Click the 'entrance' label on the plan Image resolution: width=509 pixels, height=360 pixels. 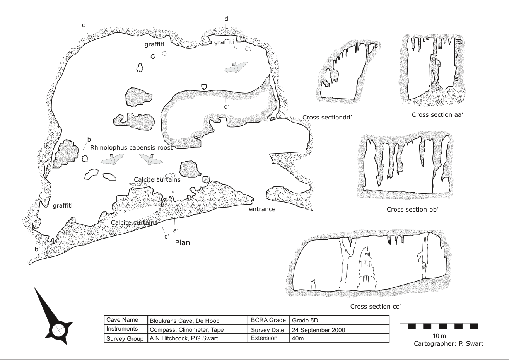[x=262, y=209]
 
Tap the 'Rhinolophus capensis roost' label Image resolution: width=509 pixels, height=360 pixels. [x=132, y=148]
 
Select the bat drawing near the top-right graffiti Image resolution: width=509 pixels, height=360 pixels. [x=236, y=67]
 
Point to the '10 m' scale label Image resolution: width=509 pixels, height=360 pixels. [x=439, y=336]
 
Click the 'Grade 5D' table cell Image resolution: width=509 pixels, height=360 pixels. [x=339, y=320]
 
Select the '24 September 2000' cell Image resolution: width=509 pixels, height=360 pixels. [x=339, y=329]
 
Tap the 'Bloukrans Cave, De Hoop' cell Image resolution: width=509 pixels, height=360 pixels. [x=198, y=320]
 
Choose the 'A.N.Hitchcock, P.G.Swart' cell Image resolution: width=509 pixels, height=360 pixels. [x=198, y=338]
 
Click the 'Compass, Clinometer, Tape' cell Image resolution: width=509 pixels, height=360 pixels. [x=198, y=329]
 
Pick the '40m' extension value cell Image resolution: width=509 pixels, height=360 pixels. [x=339, y=338]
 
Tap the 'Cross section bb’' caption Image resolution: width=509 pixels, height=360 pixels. [x=412, y=210]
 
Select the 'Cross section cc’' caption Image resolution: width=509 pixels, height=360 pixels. [x=376, y=306]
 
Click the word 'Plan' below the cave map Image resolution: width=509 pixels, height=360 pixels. [x=183, y=243]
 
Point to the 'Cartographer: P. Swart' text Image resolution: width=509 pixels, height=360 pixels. [x=449, y=344]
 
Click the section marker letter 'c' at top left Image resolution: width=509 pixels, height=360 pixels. [x=84, y=25]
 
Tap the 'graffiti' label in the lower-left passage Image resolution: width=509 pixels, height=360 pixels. [x=63, y=206]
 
